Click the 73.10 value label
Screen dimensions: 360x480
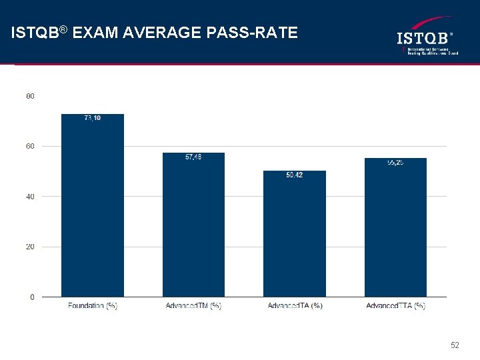click(93, 119)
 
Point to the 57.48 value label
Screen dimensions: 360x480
click(193, 157)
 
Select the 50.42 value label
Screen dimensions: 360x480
click(295, 175)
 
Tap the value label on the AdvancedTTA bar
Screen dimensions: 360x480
click(395, 163)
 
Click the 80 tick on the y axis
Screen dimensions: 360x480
click(31, 96)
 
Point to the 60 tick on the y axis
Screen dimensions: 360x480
click(31, 146)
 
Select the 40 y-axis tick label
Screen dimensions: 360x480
click(31, 197)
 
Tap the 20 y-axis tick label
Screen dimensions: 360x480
click(31, 247)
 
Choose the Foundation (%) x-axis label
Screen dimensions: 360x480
click(93, 306)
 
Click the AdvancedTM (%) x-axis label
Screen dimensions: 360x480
click(193, 306)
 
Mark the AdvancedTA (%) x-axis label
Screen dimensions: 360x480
click(295, 306)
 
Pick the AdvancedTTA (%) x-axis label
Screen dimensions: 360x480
click(395, 306)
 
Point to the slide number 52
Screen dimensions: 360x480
click(455, 345)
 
